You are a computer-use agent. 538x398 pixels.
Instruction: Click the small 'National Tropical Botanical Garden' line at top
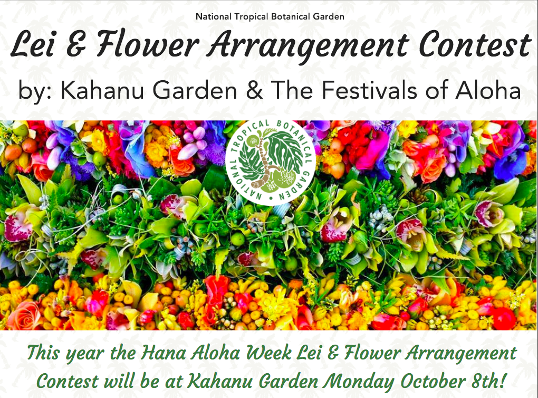point(270,16)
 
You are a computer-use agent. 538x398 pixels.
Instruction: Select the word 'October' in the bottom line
point(431,382)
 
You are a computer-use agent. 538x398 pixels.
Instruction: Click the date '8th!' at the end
point(486,381)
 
